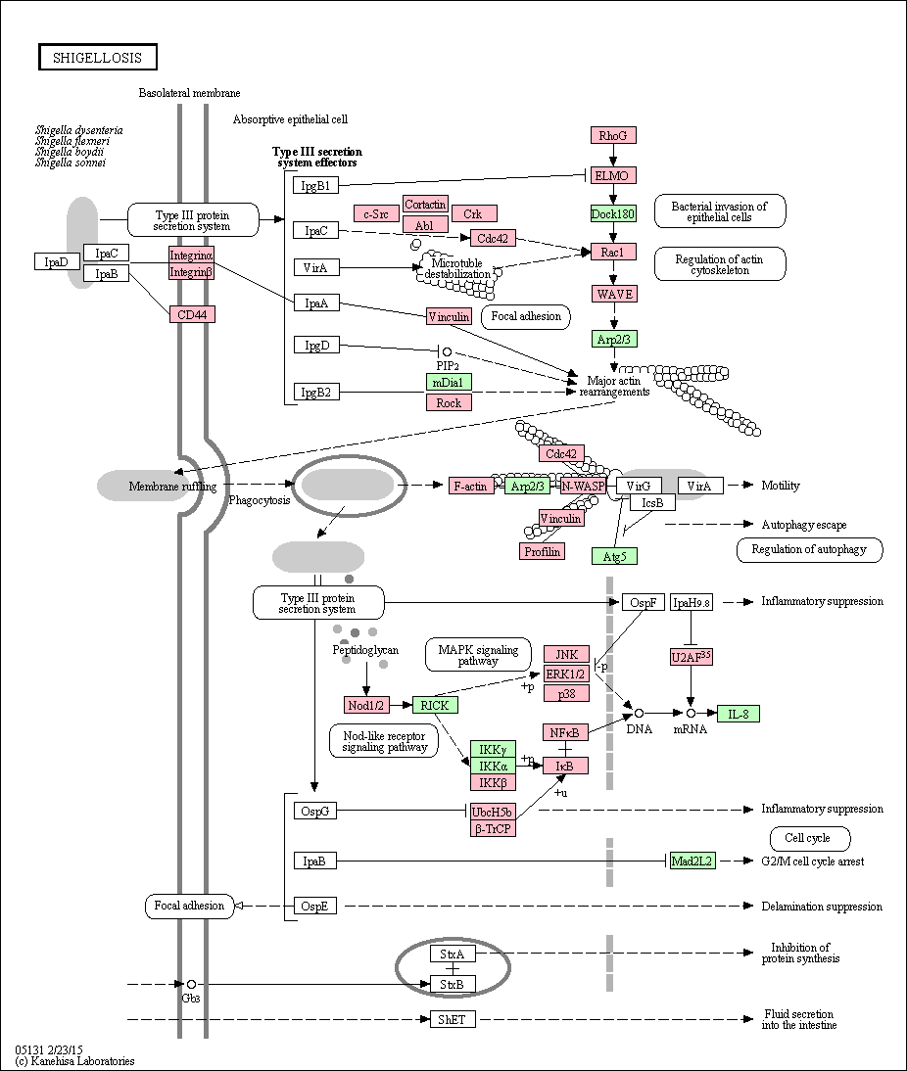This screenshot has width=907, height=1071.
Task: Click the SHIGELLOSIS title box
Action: [97, 58]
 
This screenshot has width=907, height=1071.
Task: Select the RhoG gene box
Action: [613, 135]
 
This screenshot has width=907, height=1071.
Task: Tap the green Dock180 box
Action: [613, 213]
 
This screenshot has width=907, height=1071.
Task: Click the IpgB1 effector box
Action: [315, 185]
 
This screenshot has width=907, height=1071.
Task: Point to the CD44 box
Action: [192, 314]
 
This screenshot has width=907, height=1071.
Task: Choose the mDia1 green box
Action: [449, 382]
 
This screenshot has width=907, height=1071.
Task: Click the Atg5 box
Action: [614, 556]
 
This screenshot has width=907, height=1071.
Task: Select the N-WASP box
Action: [583, 486]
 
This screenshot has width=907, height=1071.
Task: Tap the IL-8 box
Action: [739, 714]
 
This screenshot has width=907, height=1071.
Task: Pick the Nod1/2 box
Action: [366, 705]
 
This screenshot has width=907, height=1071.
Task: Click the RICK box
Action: [435, 705]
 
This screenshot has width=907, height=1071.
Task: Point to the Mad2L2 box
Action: [692, 861]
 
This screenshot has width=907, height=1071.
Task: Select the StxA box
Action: [453, 954]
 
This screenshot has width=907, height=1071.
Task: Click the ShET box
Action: [453, 1019]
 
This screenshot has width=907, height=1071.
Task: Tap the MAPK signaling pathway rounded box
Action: [478, 655]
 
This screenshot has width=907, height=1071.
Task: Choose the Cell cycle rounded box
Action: [808, 837]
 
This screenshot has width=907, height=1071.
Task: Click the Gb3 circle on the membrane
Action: [191, 984]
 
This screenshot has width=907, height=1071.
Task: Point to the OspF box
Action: [644, 602]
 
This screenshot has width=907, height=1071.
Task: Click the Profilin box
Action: [543, 551]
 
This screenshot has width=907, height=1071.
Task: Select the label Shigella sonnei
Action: [72, 163]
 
